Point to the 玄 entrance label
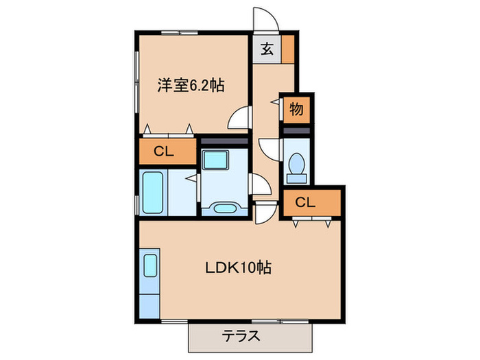pos(267,49)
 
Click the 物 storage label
pos(296,108)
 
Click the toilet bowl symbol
pos(297,165)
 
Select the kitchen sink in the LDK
pos(150,265)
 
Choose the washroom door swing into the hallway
pos(260,186)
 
